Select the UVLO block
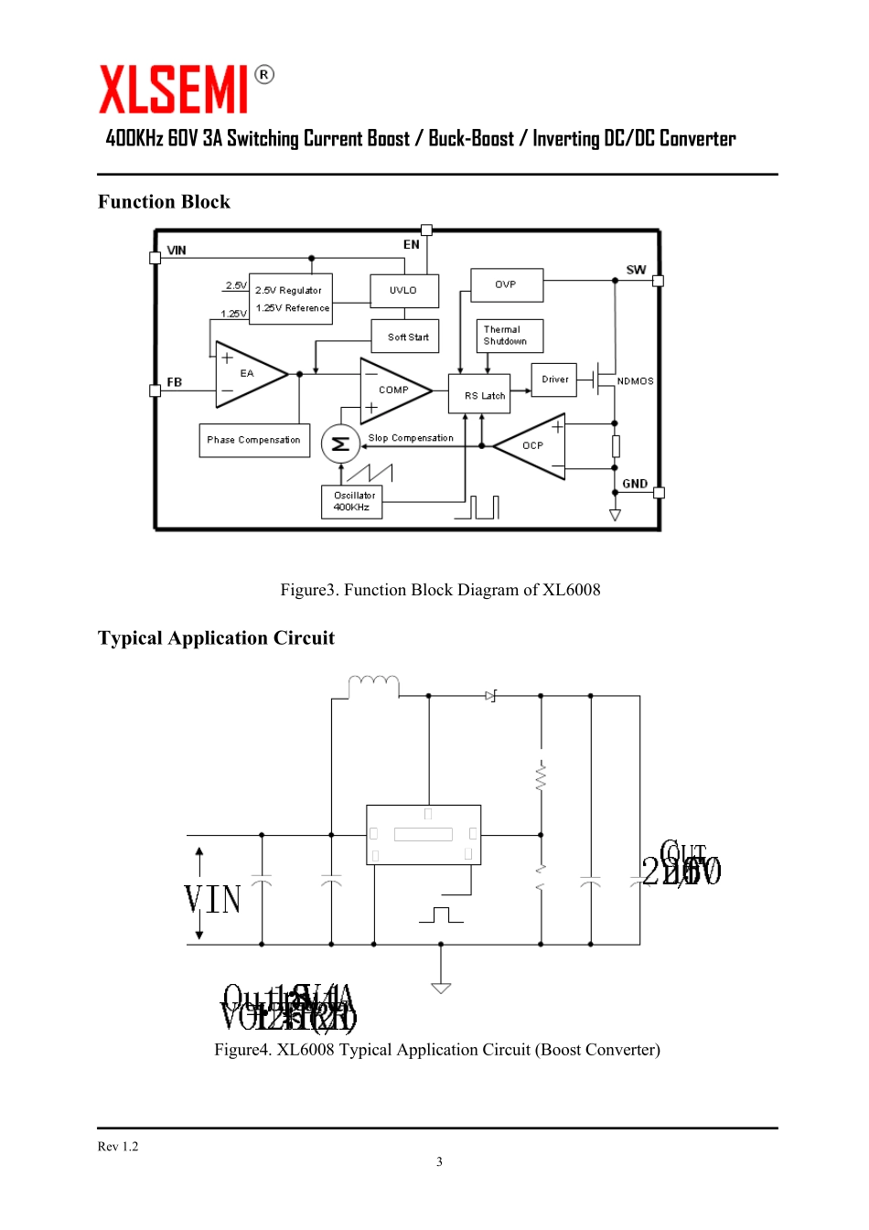(x=404, y=291)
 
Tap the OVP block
(x=507, y=284)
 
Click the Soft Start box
(x=405, y=337)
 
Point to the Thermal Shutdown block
(x=510, y=336)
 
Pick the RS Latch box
(x=479, y=395)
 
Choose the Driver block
(x=553, y=380)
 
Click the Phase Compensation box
(x=254, y=440)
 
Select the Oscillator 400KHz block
(x=352, y=501)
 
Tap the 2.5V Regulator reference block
(x=292, y=299)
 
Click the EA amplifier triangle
(x=247, y=374)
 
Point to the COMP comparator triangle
(x=392, y=390)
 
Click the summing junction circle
(x=340, y=444)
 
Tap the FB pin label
(x=174, y=382)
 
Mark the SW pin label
(x=636, y=270)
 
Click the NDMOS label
(x=635, y=381)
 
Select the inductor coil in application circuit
(x=374, y=683)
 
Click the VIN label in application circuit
(x=212, y=899)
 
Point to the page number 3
(x=439, y=1161)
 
